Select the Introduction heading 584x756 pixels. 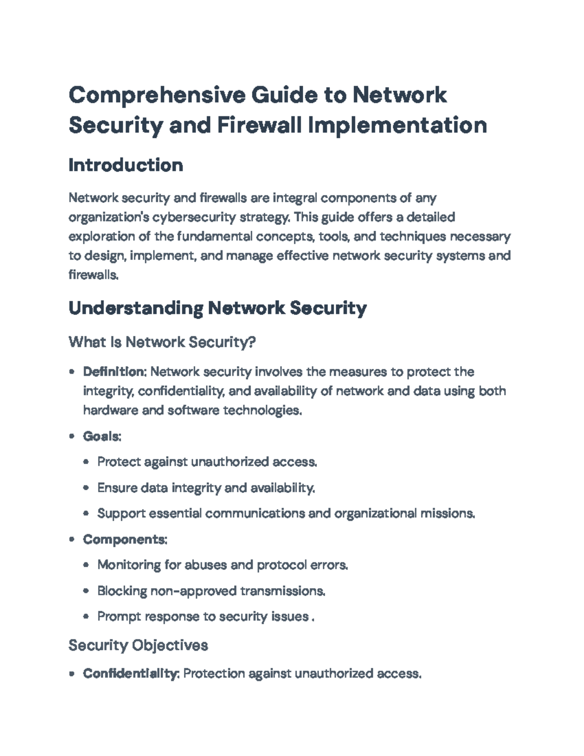126,166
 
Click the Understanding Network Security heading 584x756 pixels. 218,308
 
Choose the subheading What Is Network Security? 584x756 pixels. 162,342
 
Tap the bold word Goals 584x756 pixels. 101,436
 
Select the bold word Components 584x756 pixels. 125,539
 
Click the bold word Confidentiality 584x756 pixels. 130,674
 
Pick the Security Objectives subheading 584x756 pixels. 138,645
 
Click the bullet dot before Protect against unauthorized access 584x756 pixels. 86,462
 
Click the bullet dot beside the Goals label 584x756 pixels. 72,436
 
